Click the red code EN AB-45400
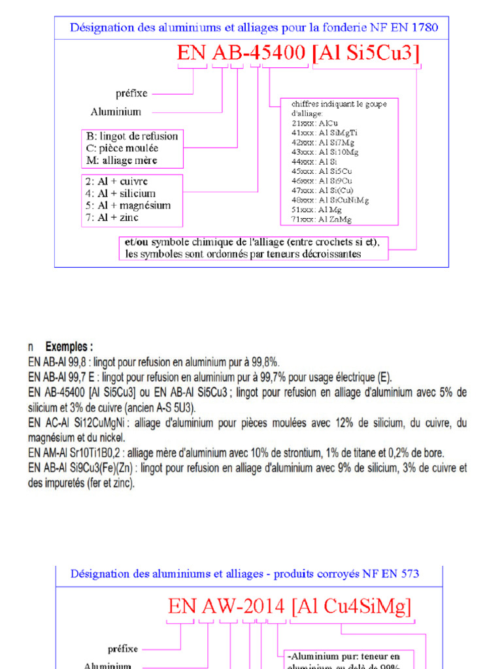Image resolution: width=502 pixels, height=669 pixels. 242,53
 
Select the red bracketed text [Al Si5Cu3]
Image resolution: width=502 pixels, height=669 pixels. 366,53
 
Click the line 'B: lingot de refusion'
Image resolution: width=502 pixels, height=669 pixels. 132,136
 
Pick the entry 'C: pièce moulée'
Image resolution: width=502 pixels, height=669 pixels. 122,148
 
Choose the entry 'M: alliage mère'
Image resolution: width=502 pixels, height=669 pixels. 122,160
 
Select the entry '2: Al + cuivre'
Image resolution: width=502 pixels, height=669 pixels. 117,181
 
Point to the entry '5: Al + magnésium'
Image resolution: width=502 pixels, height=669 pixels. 128,205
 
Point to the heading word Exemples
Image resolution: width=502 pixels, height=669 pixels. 69,346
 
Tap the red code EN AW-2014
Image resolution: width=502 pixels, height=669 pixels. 226,606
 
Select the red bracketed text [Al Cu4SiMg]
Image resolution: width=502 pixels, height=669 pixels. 352,606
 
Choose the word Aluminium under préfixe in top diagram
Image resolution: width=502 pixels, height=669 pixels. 116,111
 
